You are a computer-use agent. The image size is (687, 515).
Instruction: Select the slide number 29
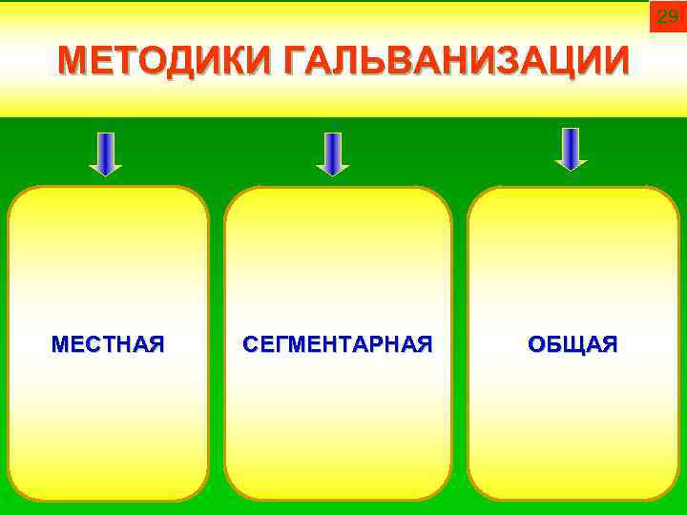pyautogui.click(x=667, y=16)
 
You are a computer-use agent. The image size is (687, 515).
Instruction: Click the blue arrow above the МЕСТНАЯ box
pyautogui.click(x=106, y=154)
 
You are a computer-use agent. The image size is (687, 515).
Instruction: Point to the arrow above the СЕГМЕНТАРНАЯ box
pyautogui.click(x=332, y=154)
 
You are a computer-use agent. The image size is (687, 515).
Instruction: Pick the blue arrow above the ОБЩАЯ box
pyautogui.click(x=571, y=149)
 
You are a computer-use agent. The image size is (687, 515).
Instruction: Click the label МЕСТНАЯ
pyautogui.click(x=108, y=343)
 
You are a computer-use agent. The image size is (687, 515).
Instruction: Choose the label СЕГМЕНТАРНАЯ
pyautogui.click(x=338, y=343)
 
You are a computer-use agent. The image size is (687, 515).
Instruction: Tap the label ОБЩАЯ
pyautogui.click(x=572, y=343)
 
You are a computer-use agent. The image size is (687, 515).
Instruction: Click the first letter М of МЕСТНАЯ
pyautogui.click(x=60, y=343)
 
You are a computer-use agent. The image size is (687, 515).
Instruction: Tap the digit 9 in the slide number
pyautogui.click(x=673, y=16)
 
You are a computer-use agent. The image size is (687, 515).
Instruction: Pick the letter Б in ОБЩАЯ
pyautogui.click(x=553, y=343)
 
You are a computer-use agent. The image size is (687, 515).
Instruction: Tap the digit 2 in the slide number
pyautogui.click(x=661, y=16)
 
